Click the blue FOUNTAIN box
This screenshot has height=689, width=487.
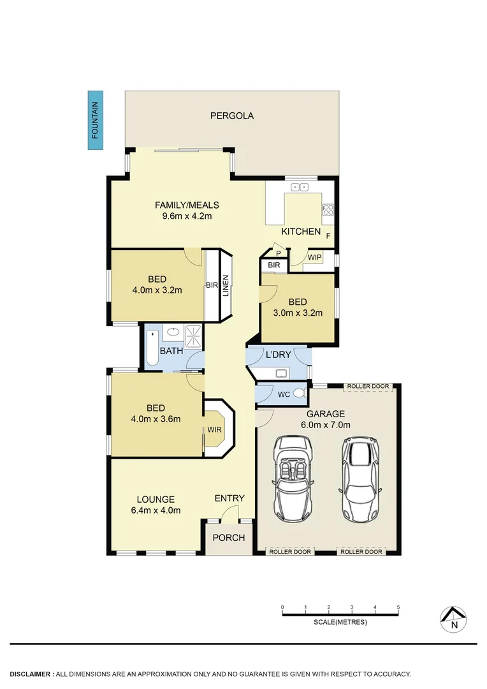[95, 121]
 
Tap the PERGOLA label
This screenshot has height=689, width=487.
[232, 116]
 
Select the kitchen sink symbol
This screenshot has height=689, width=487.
[299, 187]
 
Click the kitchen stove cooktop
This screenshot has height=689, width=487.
[328, 210]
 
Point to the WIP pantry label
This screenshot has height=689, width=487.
[314, 257]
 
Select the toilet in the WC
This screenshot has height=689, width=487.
[299, 394]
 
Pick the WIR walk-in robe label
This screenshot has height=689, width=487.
[214, 429]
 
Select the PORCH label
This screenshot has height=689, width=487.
[228, 538]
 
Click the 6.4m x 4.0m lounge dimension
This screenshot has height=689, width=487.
[156, 510]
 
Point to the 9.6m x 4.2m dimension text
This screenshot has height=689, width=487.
[187, 216]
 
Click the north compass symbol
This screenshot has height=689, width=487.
[454, 618]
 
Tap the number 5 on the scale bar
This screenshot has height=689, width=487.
[398, 607]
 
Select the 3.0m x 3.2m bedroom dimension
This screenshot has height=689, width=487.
[297, 313]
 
